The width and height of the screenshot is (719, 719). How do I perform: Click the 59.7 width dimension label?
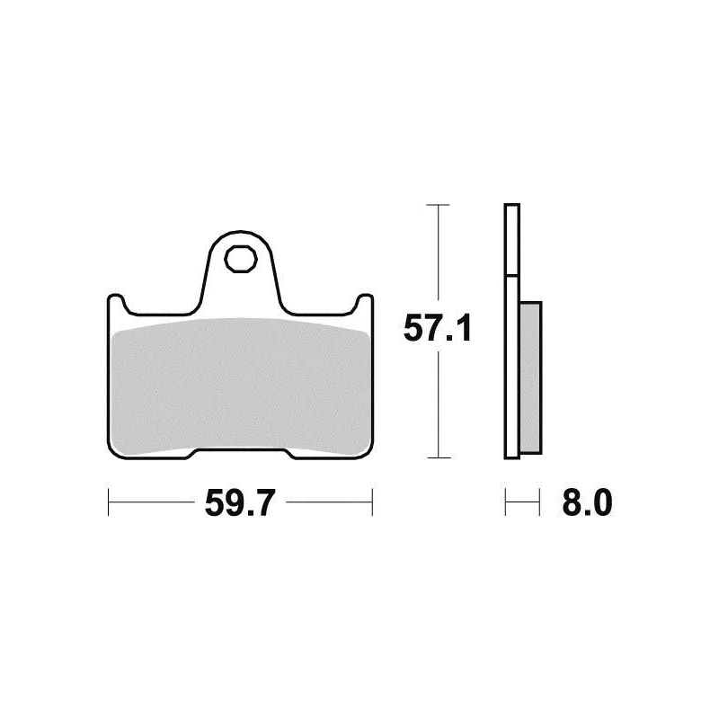tap(239, 502)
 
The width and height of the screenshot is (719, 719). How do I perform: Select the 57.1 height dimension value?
tap(437, 329)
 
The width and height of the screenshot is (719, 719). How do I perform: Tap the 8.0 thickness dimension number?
tap(587, 502)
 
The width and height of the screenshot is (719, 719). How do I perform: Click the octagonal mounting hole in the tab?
tap(241, 259)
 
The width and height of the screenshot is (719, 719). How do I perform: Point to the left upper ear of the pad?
tap(115, 303)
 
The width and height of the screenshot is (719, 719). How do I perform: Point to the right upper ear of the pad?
tap(365, 303)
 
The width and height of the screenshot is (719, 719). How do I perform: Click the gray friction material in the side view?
tap(530, 377)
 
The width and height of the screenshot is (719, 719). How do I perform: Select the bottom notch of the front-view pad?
tap(241, 453)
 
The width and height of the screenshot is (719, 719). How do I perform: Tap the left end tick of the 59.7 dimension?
tap(108, 502)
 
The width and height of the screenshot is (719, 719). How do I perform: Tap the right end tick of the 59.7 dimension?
tap(372, 502)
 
